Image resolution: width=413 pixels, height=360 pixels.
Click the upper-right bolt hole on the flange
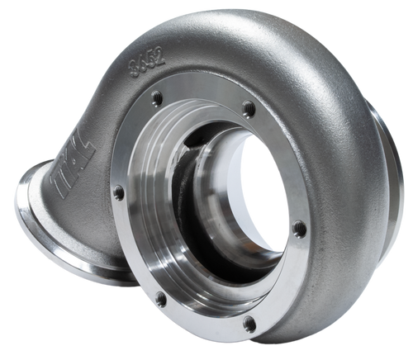(247, 107)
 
